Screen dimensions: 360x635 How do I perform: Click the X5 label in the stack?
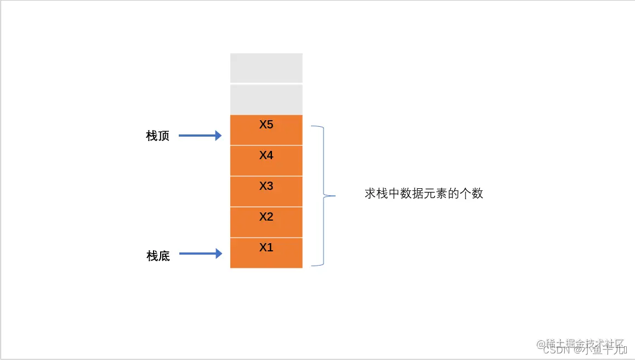click(266, 125)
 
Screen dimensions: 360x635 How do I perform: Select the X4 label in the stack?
click(266, 155)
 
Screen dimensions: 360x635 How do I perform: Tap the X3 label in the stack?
click(266, 186)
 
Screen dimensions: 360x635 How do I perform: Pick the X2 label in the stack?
click(266, 217)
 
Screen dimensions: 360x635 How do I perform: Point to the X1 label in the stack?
click(266, 248)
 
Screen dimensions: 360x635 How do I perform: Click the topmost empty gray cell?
click(266, 67)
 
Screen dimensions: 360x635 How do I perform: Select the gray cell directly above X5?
click(266, 99)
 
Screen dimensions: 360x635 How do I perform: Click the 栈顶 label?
click(158, 136)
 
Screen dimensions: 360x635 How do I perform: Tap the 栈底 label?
click(158, 256)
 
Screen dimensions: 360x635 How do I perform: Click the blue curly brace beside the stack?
click(324, 165)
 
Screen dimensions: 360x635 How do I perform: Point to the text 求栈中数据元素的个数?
click(423, 194)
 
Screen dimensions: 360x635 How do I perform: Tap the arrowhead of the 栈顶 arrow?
click(219, 136)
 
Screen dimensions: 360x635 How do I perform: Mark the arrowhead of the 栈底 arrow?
click(219, 254)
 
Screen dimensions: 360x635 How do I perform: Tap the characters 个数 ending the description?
click(471, 194)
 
